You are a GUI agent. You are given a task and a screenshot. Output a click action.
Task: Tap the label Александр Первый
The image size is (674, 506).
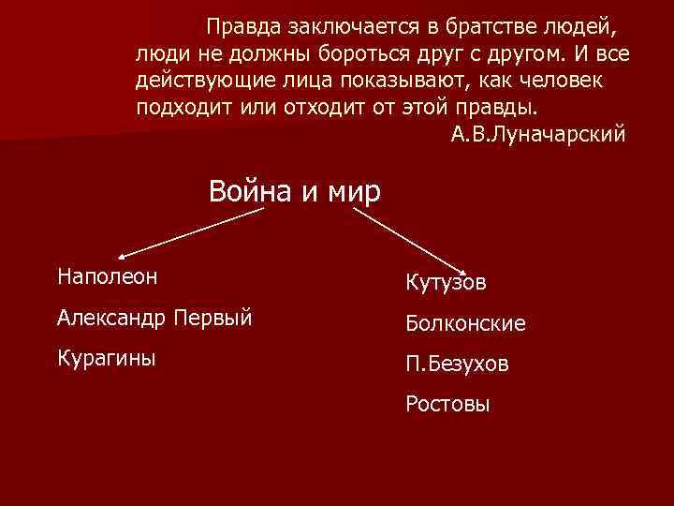[154, 318]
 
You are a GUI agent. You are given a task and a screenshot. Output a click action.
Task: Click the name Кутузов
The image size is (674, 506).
[446, 281]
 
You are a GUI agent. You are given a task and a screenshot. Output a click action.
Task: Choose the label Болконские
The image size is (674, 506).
[465, 323]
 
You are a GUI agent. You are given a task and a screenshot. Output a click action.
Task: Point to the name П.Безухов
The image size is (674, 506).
[458, 364]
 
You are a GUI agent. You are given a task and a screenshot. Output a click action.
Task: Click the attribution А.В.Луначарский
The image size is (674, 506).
[536, 134]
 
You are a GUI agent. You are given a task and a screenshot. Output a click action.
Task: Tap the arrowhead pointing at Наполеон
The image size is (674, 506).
[123, 254]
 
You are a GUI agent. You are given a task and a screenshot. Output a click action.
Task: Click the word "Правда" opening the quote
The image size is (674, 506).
[242, 25]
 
